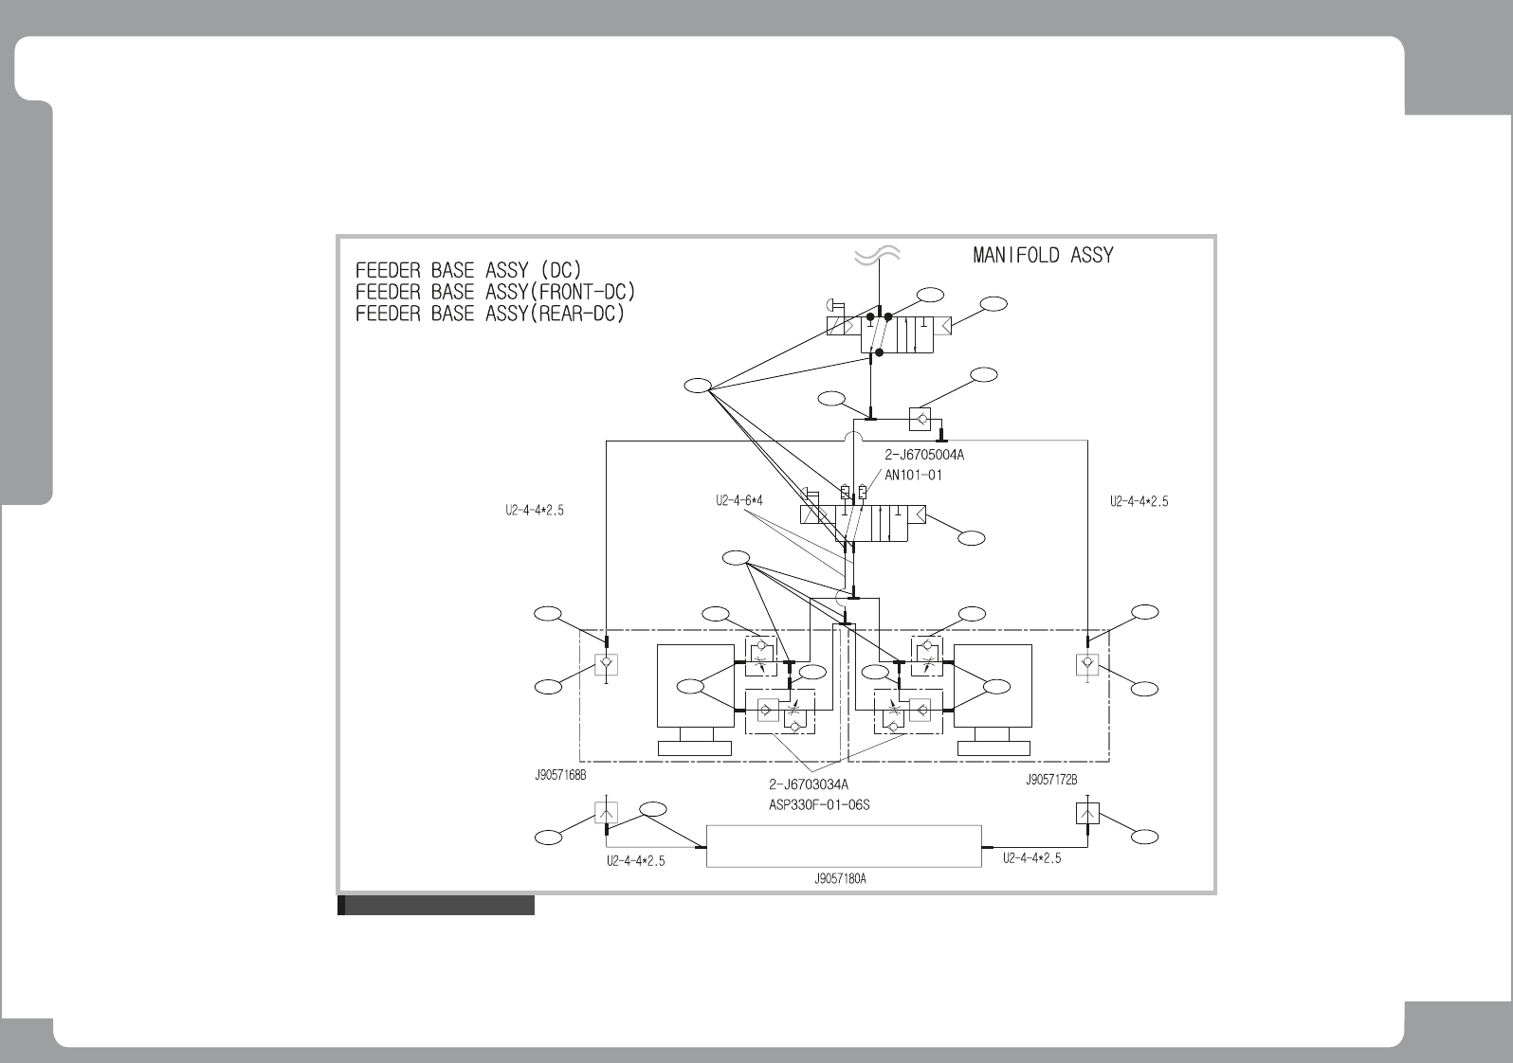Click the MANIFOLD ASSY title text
[x=1043, y=256]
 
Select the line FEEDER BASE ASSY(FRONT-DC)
[x=495, y=292]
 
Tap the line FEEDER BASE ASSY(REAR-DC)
[x=490, y=314]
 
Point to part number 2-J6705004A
[x=924, y=456]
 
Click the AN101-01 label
[x=913, y=475]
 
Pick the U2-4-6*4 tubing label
[x=738, y=501]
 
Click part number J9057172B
[x=1051, y=781]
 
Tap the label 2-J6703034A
[x=808, y=784]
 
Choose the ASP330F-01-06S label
[x=819, y=805]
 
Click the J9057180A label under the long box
[x=840, y=878]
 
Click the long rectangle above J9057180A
[x=844, y=846]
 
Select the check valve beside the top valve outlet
[x=919, y=418]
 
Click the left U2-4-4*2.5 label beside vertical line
[x=535, y=510]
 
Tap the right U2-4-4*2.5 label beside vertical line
[x=1139, y=502]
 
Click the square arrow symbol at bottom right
[x=1087, y=813]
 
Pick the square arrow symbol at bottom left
[x=606, y=813]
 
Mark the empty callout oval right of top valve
[x=993, y=304]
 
